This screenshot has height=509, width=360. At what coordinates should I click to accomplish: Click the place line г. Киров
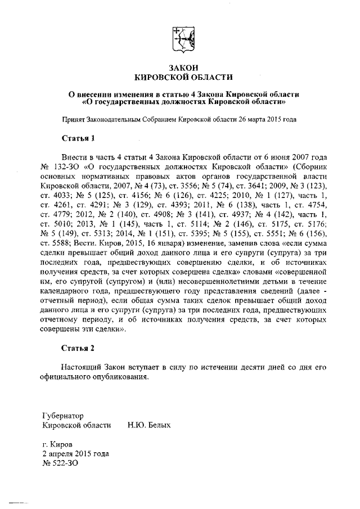click(57, 444)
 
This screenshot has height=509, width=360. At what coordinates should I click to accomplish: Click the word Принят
click(73, 119)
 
